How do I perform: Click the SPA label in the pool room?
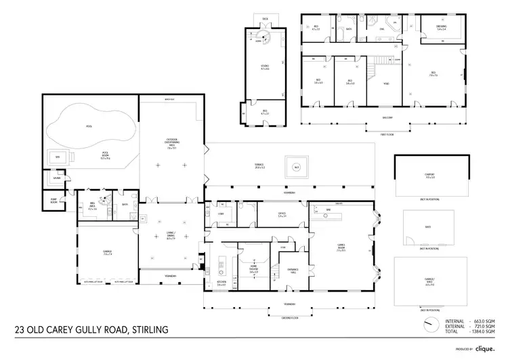(x=48, y=157)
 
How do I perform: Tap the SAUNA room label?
(x=48, y=179)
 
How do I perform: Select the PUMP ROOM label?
(x=54, y=201)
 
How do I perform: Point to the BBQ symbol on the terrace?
(x=296, y=167)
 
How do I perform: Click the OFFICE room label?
(x=281, y=214)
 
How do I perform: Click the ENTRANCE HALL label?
(x=293, y=268)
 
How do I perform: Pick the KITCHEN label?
(x=221, y=283)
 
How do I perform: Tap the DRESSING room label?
(x=440, y=27)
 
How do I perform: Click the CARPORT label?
(x=429, y=176)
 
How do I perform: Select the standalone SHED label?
(x=428, y=227)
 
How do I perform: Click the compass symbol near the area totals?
(x=429, y=323)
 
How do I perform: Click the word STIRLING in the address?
(x=144, y=330)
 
